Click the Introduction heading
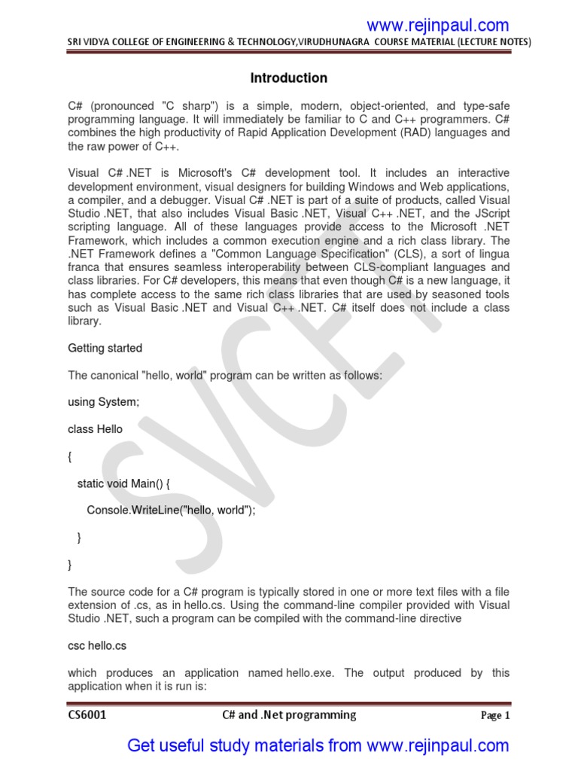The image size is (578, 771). click(x=288, y=78)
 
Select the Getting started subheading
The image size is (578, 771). click(x=105, y=349)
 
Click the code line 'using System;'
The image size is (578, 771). click(x=103, y=402)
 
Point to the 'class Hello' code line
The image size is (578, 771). click(x=95, y=429)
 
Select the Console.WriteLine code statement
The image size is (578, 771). click(x=171, y=510)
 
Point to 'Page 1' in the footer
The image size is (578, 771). click(x=495, y=716)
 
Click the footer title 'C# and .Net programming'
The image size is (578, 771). click(x=289, y=715)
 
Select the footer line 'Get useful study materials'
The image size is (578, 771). click(x=318, y=746)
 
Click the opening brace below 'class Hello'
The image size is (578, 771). click(x=71, y=456)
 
